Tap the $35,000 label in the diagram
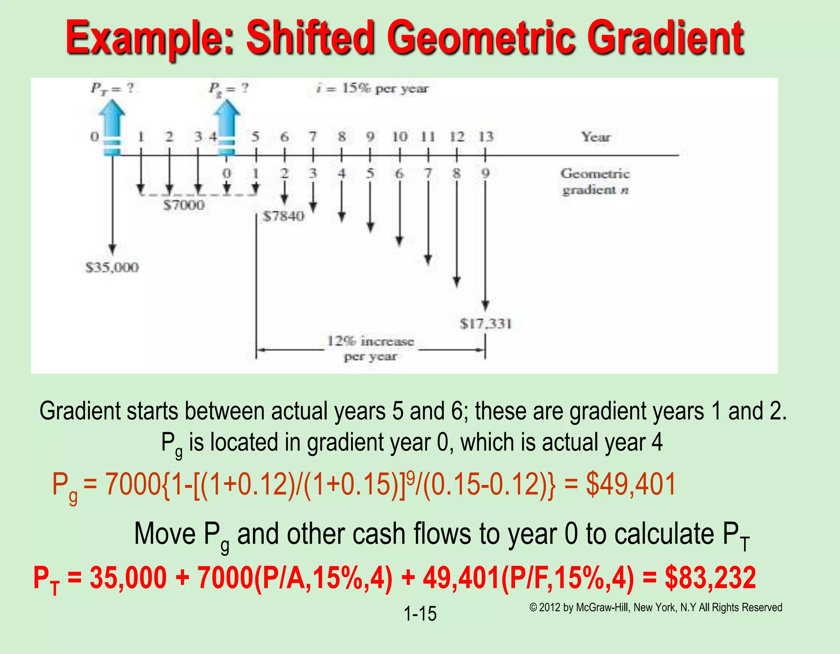coord(112,268)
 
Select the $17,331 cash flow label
coord(486,324)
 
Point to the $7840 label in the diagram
coord(283,216)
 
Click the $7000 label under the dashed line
coord(184,205)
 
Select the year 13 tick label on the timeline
coord(486,137)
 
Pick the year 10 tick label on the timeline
coord(399,137)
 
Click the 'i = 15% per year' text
coord(372,88)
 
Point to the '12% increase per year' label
coord(370,349)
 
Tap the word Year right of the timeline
coord(596,137)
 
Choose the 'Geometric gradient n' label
coord(595,181)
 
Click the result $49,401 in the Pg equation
coord(631,484)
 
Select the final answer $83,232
coord(710,578)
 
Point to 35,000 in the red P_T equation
coord(128,578)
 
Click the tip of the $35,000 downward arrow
coord(112,254)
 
